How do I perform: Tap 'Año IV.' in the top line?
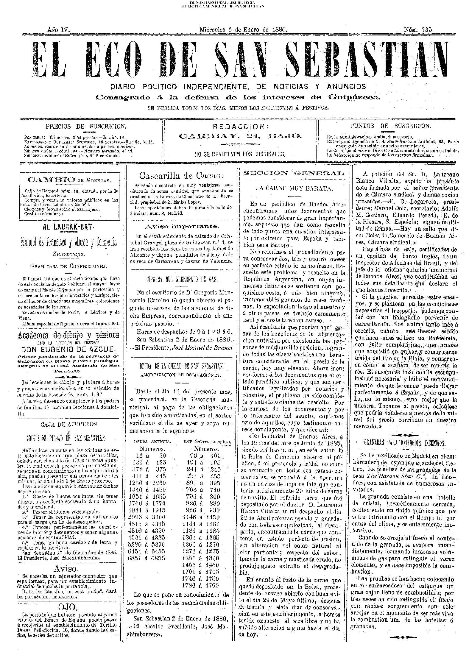tap(58, 30)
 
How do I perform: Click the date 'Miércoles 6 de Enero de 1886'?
tap(243, 30)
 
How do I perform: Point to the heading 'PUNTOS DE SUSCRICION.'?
tap(391, 126)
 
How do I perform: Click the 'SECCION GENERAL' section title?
tap(294, 173)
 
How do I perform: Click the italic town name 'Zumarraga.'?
tap(68, 254)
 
